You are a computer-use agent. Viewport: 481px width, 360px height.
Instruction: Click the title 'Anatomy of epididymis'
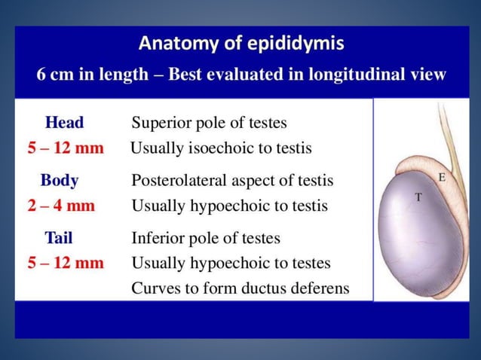(240, 44)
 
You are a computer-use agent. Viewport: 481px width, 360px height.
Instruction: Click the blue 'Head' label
(65, 123)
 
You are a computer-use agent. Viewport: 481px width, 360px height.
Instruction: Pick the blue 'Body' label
(59, 181)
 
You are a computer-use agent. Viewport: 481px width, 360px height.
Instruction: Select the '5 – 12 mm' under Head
(66, 148)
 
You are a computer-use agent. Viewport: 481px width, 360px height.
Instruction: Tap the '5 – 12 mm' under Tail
(66, 263)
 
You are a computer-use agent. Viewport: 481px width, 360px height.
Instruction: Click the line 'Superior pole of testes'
(209, 123)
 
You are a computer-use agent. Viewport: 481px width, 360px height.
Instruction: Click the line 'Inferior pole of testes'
(206, 239)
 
